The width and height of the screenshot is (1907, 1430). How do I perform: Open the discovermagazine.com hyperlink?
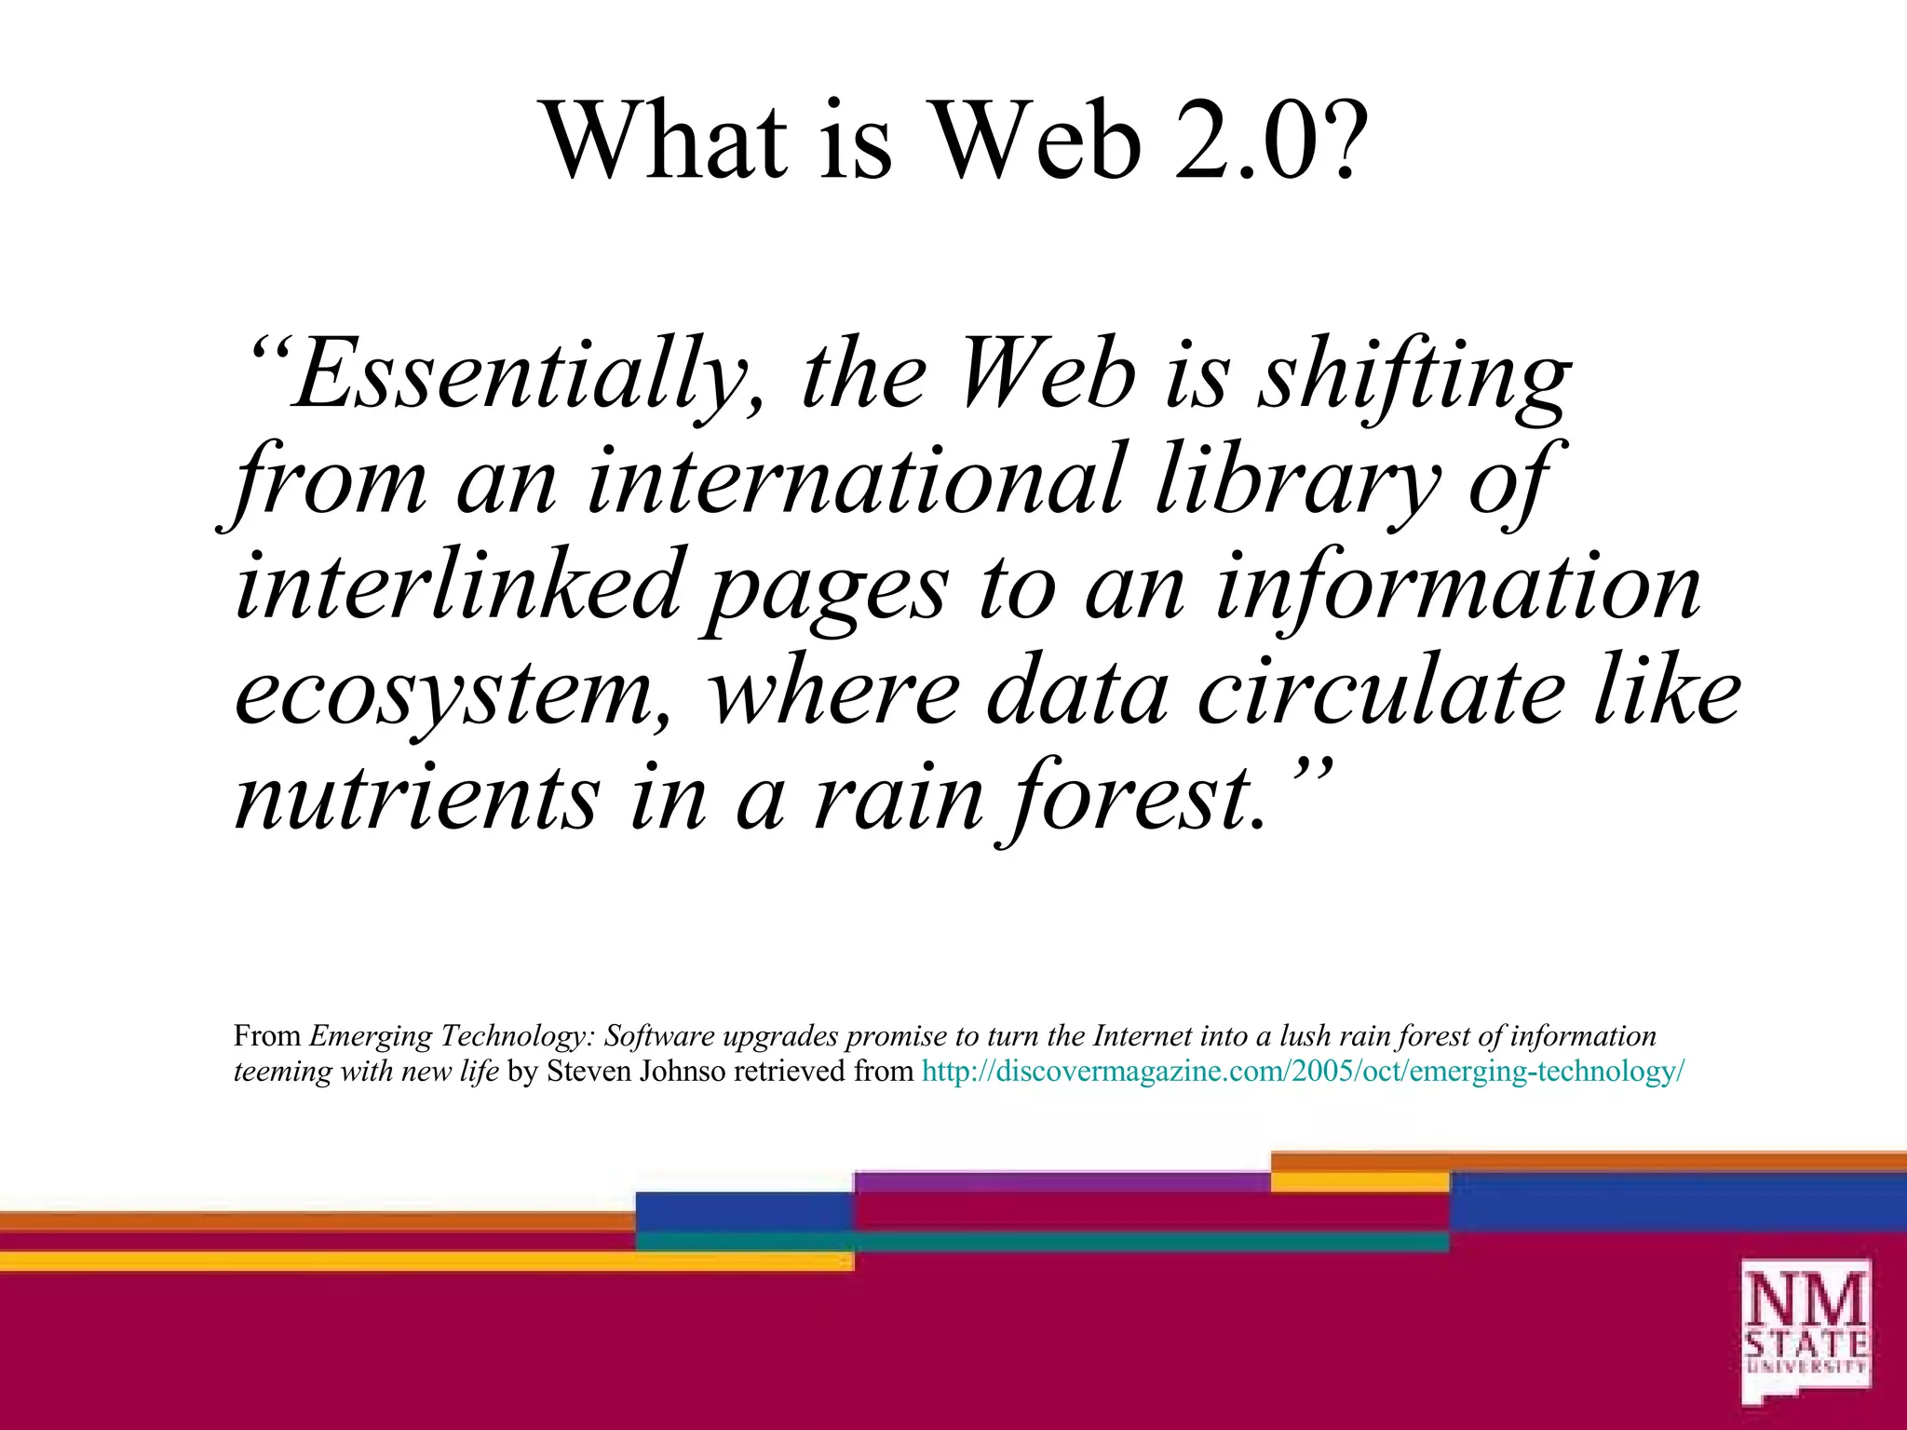point(1303,1072)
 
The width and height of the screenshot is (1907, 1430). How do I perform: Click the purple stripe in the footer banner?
point(1062,1182)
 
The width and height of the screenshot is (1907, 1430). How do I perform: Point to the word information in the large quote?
point(1458,586)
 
